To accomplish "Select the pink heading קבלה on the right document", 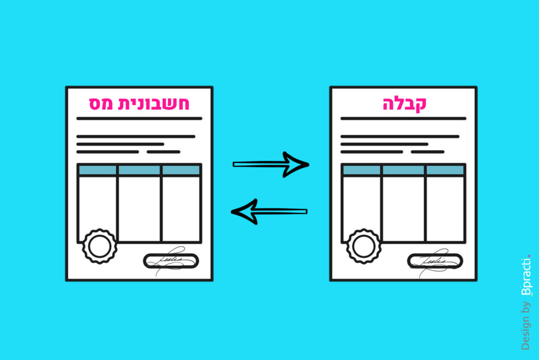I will [404, 103].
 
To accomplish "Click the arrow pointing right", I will [271, 165].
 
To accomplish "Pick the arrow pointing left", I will [269, 212].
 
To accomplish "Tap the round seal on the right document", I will [363, 246].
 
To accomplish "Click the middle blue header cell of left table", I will [139, 170].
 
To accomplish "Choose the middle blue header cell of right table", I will [404, 170].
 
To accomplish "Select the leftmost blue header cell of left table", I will [97, 170].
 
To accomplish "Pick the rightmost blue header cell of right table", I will [445, 170].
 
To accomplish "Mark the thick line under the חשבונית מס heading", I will [139, 118].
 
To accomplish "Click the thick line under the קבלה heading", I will [403, 118].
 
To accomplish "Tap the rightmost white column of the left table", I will [181, 208].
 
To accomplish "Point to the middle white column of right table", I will [404, 208].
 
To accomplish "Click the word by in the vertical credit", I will [525, 309].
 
